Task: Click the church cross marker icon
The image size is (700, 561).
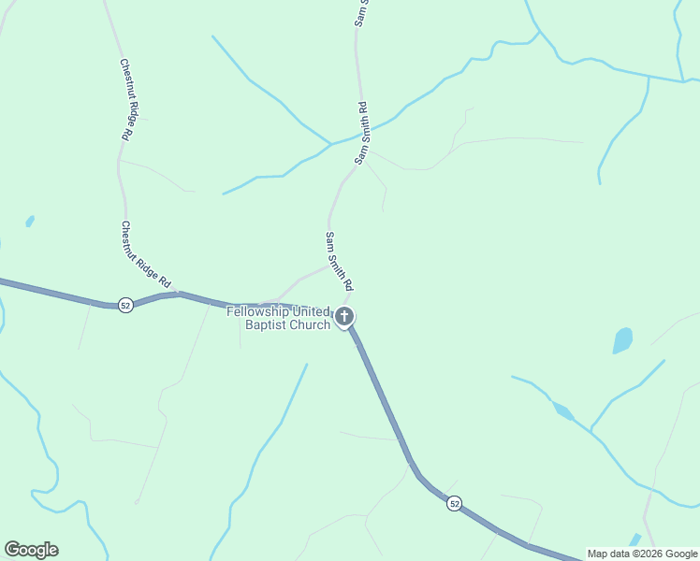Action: tap(345, 317)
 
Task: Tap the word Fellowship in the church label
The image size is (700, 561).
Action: tap(258, 311)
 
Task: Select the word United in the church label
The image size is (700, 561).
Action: tap(312, 311)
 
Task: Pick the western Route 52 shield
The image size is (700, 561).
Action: tap(124, 305)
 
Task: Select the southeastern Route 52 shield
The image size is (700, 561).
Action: tap(454, 503)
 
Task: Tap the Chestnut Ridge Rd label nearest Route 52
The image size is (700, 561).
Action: tap(147, 254)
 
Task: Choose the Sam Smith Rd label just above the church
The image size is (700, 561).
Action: tap(339, 260)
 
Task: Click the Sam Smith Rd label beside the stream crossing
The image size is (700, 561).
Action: tap(363, 134)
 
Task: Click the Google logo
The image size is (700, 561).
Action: tap(31, 550)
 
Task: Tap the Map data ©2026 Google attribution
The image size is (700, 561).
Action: tap(642, 554)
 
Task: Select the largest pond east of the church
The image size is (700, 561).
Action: tap(622, 340)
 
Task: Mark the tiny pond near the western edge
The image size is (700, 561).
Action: tap(30, 222)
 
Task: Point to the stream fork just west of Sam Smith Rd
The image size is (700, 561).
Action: tap(329, 144)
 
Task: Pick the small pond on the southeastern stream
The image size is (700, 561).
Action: tap(562, 410)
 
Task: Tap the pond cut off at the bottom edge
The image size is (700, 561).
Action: tap(635, 540)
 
